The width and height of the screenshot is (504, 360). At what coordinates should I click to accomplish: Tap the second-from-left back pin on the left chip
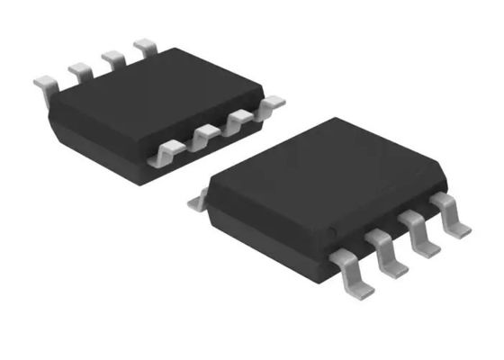pyautogui.click(x=79, y=70)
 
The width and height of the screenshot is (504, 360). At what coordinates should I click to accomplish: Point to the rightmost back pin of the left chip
pyautogui.click(x=144, y=46)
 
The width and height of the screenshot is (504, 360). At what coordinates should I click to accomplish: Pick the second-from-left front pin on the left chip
pyautogui.click(x=202, y=137)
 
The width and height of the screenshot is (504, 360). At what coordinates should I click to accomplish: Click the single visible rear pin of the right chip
pyautogui.click(x=197, y=203)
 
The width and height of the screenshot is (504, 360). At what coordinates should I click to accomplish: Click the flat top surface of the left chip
pyautogui.click(x=153, y=99)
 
